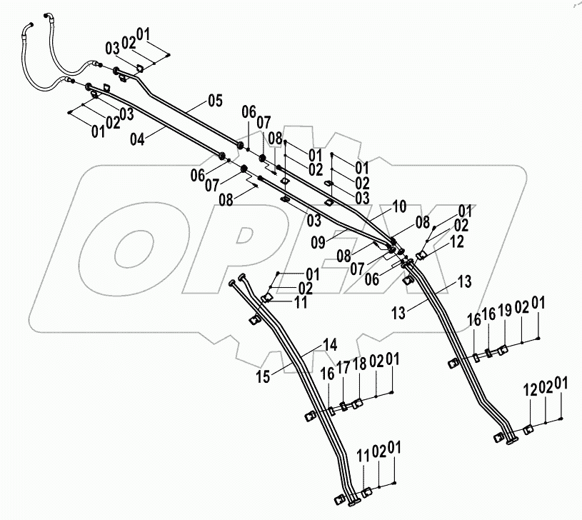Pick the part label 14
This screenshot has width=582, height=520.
(330, 344)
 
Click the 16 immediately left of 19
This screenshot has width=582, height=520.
(489, 315)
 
